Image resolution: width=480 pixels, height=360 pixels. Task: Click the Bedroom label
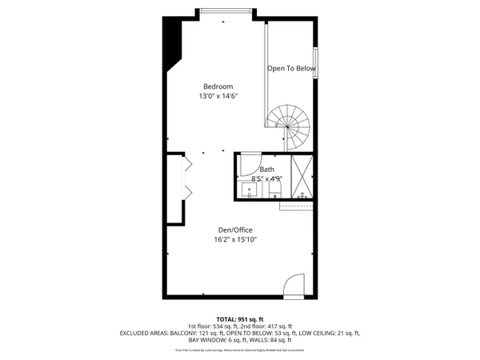coord(218,86)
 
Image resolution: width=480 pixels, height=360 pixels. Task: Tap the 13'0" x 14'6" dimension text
coord(218,96)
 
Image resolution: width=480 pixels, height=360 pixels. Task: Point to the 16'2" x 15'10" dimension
coord(234,239)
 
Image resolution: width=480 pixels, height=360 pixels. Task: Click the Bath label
coord(266,170)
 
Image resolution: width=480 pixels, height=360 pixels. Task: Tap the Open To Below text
coord(291,69)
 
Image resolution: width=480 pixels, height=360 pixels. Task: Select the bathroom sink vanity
coord(250,190)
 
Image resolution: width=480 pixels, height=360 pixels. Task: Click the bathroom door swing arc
coord(250,162)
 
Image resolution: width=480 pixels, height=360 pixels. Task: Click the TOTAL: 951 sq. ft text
coord(240,319)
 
